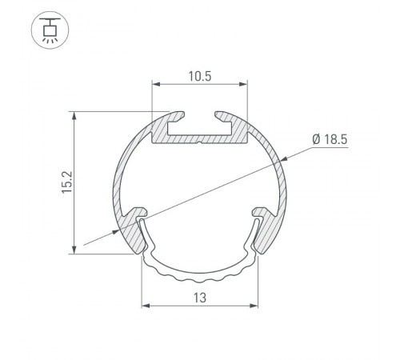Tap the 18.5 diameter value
coord(337,140)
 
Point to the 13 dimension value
coord(200,298)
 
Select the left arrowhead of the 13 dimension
coord(145,305)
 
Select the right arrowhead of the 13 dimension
coord(255,305)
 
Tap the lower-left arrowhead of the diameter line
coord(120,230)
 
